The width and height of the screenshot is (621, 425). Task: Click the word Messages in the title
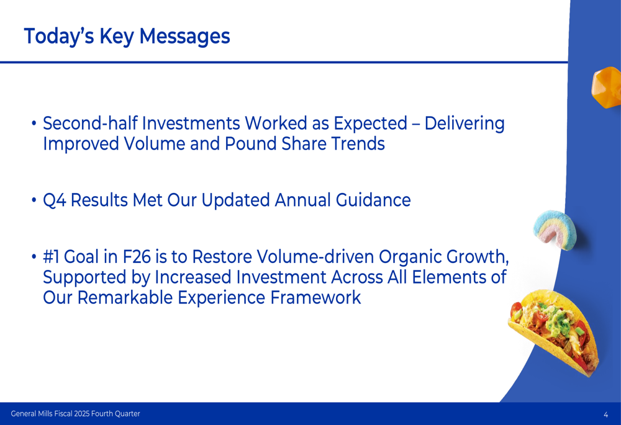(184, 36)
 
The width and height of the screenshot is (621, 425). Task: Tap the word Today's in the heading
(59, 37)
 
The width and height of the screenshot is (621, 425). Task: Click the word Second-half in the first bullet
(90, 123)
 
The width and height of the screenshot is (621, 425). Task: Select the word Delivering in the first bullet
(465, 124)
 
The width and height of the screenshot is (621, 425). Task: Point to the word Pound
(251, 143)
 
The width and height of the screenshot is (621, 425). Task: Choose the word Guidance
(373, 200)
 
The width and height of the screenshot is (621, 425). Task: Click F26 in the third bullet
(137, 257)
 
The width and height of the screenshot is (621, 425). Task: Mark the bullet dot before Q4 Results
(34, 200)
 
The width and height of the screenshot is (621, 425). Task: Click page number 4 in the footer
(606, 414)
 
